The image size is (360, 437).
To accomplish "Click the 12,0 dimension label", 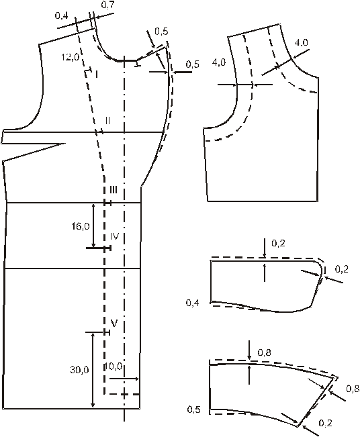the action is coord(71,58).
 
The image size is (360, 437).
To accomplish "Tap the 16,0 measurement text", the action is coord(81,226).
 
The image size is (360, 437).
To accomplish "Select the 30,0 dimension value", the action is coord(80,370).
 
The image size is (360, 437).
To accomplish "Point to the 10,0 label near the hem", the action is coord(114,367).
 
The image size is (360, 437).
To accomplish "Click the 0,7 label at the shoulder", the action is coord(107,5).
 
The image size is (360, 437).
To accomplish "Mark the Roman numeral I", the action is coord(96,74).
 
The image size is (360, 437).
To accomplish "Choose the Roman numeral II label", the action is coord(107,120).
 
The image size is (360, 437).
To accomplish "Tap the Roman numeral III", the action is coord(114,190).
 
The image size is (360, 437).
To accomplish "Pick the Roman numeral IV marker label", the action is coord(114,236).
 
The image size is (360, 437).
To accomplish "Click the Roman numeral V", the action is coord(114,323).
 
